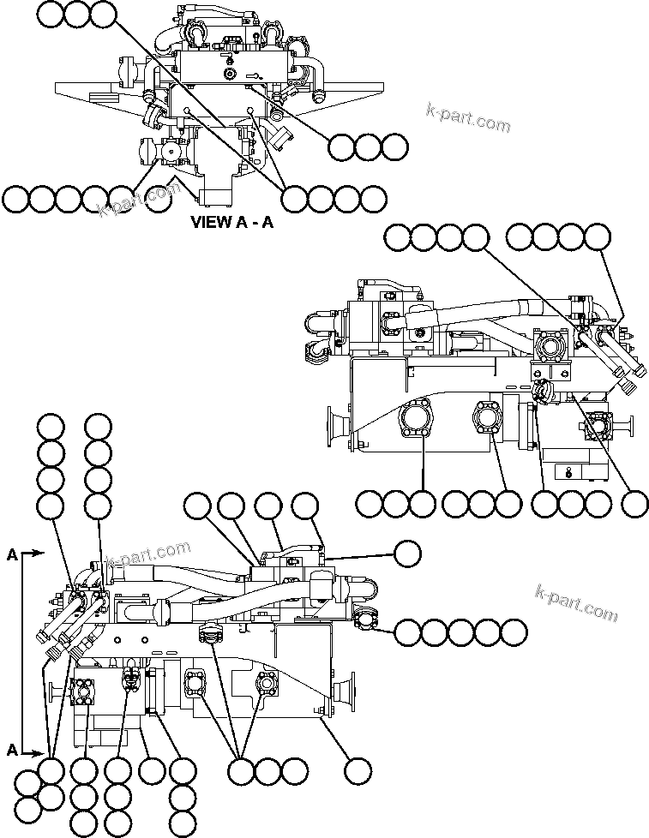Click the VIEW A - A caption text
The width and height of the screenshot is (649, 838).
click(231, 223)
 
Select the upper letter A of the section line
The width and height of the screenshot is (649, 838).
click(12, 554)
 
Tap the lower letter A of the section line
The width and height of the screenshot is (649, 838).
click(12, 750)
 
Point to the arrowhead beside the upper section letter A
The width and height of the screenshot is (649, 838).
click(38, 554)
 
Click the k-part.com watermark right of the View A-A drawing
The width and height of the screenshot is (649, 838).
click(468, 118)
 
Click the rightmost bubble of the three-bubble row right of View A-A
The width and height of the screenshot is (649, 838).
click(394, 147)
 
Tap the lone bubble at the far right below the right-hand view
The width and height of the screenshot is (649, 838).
click(634, 504)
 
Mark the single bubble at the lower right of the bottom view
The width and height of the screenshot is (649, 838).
click(358, 770)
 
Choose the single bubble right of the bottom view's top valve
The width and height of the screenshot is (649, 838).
click(407, 554)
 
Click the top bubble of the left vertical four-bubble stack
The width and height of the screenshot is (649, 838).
click(51, 426)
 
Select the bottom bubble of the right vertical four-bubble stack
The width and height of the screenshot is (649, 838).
click(98, 506)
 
